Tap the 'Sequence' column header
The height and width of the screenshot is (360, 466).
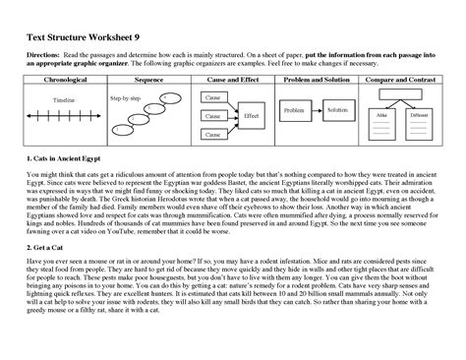147,79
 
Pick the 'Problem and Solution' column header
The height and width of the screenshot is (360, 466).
317,79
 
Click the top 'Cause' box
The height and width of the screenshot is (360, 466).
212,99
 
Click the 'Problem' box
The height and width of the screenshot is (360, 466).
294,110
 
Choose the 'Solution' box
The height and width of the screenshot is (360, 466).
339,110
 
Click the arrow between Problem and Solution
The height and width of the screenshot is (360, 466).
317,110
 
